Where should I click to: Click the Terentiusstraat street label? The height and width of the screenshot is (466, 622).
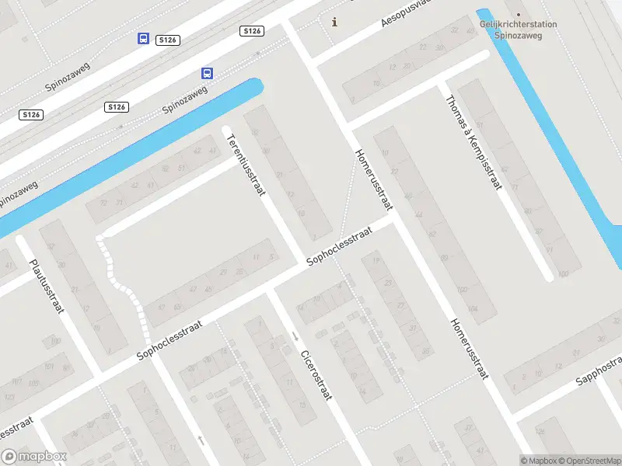tap(246, 165)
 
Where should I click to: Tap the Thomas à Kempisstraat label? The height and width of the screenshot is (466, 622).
tap(473, 142)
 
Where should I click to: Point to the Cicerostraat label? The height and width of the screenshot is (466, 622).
tap(316, 374)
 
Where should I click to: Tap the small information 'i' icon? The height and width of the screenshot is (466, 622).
tap(335, 22)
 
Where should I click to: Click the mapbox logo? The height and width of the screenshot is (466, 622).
tap(34, 457)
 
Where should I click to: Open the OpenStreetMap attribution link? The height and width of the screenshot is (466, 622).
tap(590, 461)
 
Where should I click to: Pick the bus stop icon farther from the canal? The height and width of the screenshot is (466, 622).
tap(143, 38)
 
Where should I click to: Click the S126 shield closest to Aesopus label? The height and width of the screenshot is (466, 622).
tap(252, 31)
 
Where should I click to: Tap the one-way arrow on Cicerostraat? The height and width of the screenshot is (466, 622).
tap(295, 336)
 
